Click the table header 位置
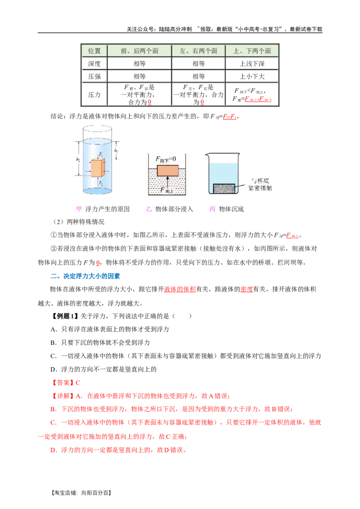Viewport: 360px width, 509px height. click(94, 51)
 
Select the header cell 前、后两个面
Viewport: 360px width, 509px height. click(139, 51)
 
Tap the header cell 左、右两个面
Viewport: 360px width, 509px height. click(198, 51)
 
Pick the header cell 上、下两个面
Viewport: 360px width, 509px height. click(252, 51)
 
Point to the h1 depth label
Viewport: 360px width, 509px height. click(116, 151)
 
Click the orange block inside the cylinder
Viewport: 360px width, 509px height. click(97, 169)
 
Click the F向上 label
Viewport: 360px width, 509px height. click(165, 190)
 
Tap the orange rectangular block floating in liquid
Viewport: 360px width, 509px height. click(167, 171)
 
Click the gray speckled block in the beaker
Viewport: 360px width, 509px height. click(223, 188)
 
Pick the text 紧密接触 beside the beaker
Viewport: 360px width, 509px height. click(258, 188)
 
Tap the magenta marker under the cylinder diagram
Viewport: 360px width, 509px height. click(79, 209)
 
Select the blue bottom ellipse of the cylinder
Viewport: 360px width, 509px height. click(97, 191)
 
